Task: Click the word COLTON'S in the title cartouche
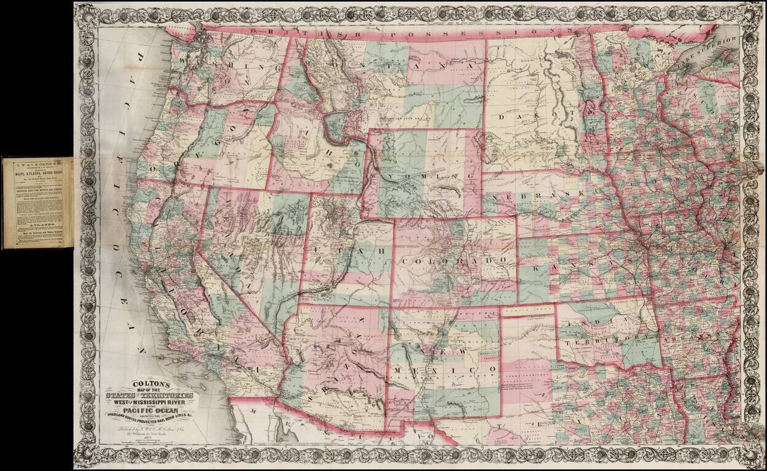(x=149, y=380)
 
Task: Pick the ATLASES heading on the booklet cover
(x=38, y=225)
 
